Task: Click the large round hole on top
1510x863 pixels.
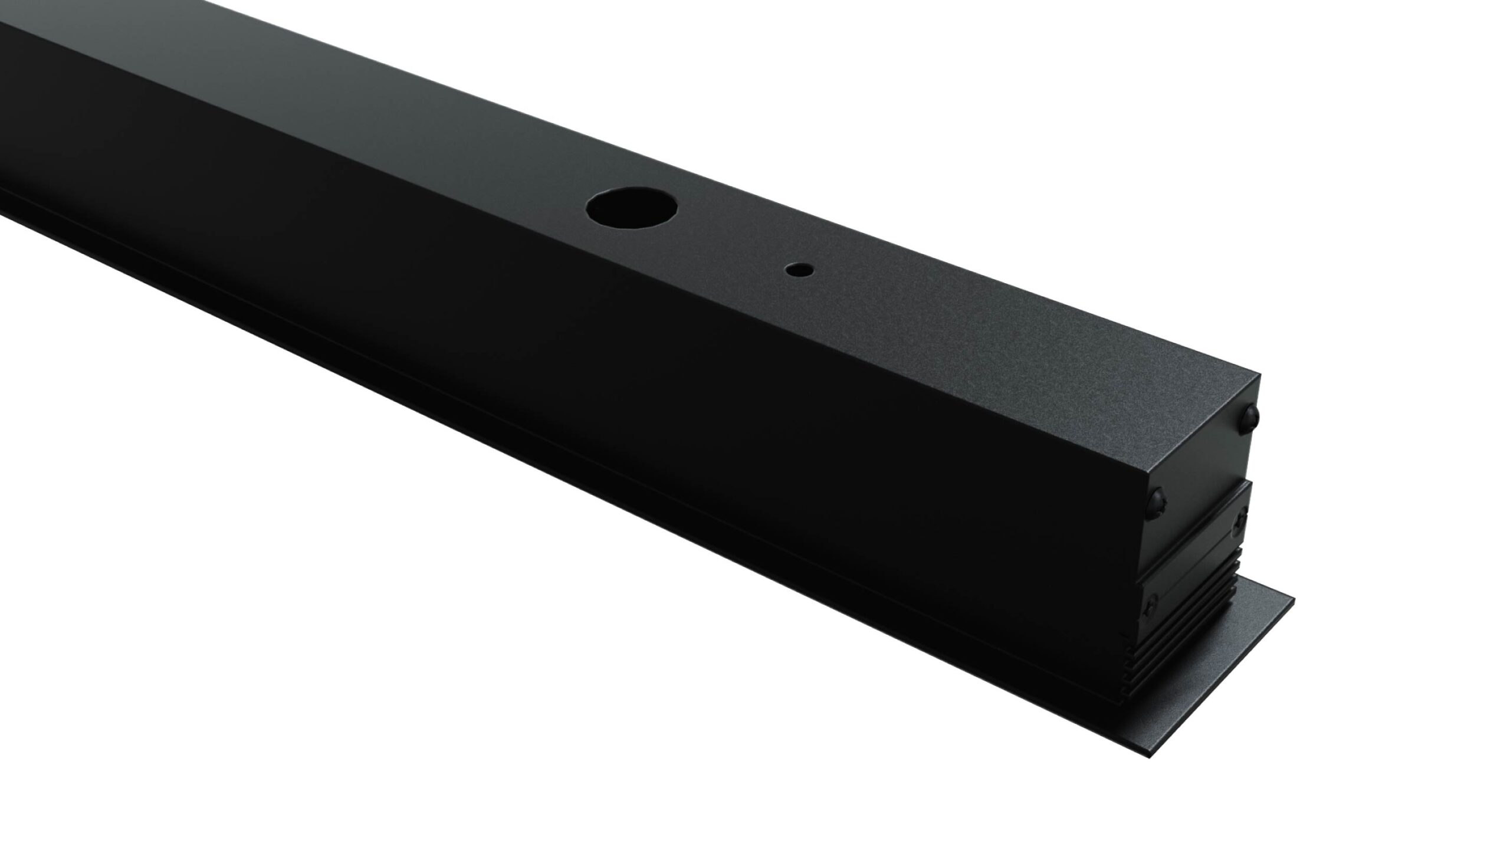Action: click(631, 207)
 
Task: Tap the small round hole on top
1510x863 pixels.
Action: click(798, 270)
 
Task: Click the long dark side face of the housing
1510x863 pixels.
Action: click(533, 326)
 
